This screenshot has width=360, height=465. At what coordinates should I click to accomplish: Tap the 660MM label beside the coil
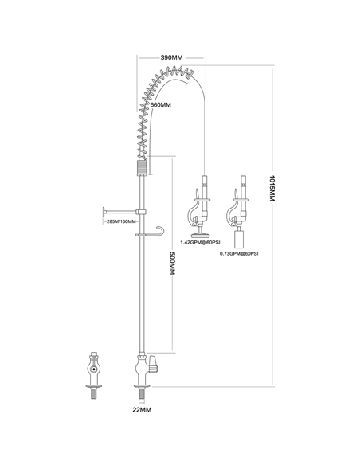pyautogui.click(x=162, y=105)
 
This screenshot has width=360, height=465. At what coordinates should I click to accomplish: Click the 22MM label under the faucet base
pyautogui.click(x=142, y=410)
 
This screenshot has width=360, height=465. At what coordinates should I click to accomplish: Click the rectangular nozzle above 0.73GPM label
pyautogui.click(x=238, y=238)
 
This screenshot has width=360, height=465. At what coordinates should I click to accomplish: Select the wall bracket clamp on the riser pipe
pyautogui.click(x=140, y=211)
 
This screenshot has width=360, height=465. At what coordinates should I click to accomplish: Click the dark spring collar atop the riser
pyautogui.click(x=141, y=168)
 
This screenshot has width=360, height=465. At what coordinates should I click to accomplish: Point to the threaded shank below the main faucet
pyautogui.click(x=142, y=394)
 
